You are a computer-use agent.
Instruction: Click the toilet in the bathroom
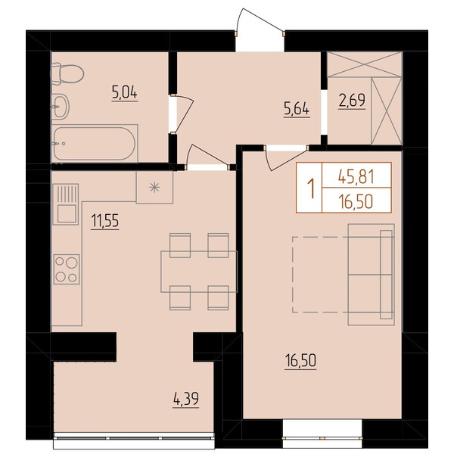click(67, 74)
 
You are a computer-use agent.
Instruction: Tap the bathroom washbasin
click(61, 107)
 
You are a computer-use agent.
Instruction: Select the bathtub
click(95, 144)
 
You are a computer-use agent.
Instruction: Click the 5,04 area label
click(125, 93)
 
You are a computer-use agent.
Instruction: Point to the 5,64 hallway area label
click(297, 110)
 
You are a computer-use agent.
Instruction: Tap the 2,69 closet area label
click(352, 101)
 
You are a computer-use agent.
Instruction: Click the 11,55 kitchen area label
click(105, 222)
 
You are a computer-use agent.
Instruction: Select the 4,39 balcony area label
click(186, 400)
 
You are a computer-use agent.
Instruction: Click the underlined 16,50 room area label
click(300, 362)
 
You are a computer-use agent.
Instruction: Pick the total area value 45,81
click(356, 176)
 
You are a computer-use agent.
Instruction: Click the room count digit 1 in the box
click(311, 188)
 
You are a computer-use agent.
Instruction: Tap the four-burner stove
click(67, 269)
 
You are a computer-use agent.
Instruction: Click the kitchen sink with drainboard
click(66, 204)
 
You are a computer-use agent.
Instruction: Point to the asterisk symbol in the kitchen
click(154, 188)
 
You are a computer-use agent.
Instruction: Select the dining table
click(199, 272)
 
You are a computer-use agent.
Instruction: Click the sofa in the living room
click(372, 275)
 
